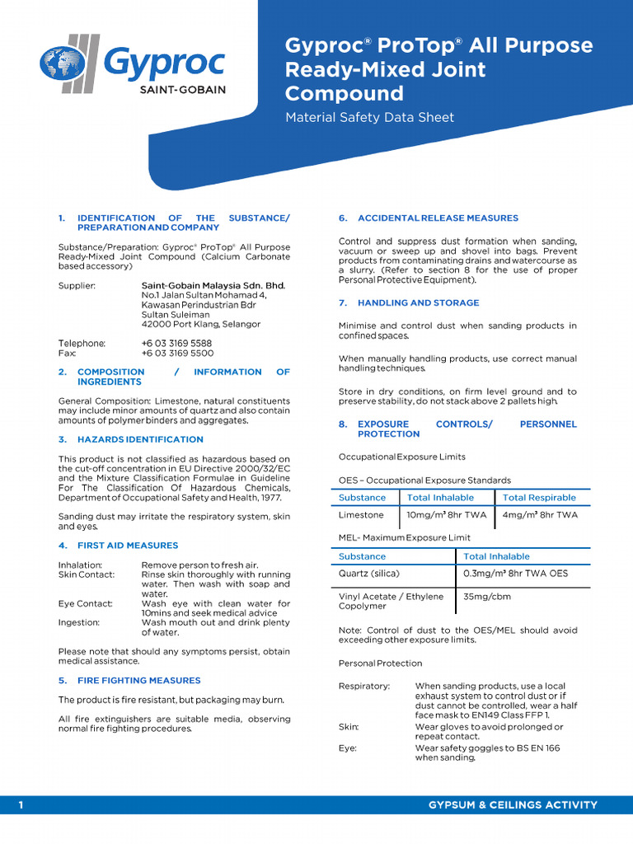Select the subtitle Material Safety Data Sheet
tap(369, 118)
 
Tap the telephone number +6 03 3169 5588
tap(176, 343)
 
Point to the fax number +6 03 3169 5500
tap(176, 353)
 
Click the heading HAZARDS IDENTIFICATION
tap(140, 439)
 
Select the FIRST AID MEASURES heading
tap(128, 546)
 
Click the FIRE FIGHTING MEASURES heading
tap(138, 681)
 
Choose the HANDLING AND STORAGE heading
tap(418, 303)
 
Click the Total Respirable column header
tap(539, 498)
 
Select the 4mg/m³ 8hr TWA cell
tap(540, 515)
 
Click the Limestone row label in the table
tap(361, 515)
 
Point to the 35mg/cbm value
tap(485, 597)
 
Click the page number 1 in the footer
tap(21, 804)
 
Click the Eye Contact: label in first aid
tap(85, 603)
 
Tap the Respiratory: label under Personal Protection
tap(363, 686)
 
